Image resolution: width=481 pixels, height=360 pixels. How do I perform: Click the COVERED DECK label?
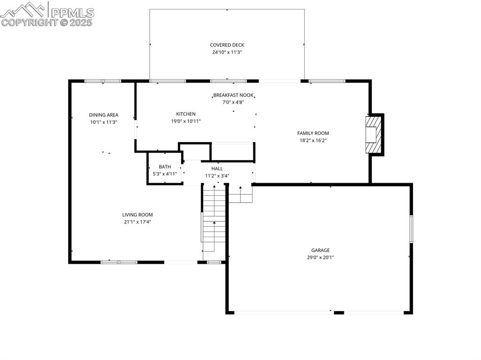click(x=227, y=45)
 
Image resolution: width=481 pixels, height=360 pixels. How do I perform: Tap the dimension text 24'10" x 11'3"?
click(x=227, y=53)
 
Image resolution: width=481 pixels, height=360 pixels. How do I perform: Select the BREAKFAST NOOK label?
click(x=233, y=95)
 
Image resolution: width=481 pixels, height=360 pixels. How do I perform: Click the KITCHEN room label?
click(x=186, y=114)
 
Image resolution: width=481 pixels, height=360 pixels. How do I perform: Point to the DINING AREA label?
click(x=104, y=115)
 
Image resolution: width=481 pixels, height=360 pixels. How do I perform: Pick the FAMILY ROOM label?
click(x=313, y=133)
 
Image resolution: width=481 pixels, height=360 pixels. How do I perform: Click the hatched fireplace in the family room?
click(x=373, y=134)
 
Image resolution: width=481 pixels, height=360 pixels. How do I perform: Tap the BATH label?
click(x=165, y=167)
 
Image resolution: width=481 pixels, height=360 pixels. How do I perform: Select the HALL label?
click(x=217, y=169)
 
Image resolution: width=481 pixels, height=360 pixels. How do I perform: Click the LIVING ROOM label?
click(x=138, y=215)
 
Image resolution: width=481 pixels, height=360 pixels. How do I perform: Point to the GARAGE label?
click(x=320, y=250)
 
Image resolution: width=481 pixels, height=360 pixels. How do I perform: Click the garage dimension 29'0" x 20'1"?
click(x=320, y=258)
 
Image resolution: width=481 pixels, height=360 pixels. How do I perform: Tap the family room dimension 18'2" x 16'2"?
click(x=313, y=141)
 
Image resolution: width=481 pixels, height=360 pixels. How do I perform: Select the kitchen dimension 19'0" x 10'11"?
click(x=186, y=122)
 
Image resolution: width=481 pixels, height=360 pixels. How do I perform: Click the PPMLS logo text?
click(x=72, y=13)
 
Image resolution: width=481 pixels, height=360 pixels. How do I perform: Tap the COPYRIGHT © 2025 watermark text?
click(x=47, y=23)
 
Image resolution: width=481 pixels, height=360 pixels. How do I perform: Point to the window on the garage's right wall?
click(x=411, y=229)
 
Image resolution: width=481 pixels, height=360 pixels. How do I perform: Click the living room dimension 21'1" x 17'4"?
click(x=138, y=222)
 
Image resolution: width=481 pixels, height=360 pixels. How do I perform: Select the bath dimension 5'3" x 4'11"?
click(x=165, y=174)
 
